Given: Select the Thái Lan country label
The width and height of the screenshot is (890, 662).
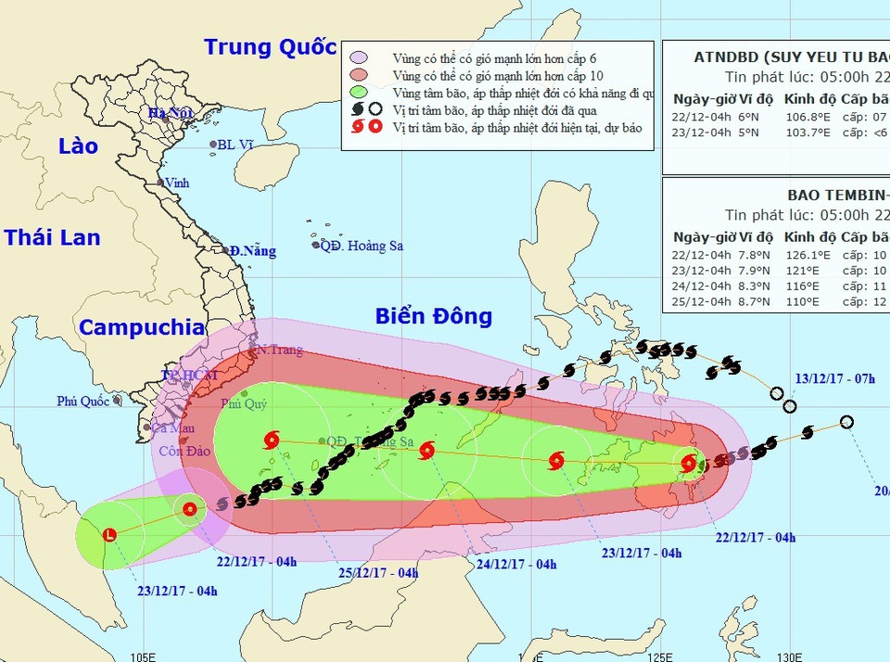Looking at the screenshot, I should click(x=52, y=237).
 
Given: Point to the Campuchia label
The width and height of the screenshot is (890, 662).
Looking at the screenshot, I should click(x=142, y=327).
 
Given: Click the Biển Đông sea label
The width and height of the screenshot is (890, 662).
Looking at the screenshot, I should click(x=433, y=316).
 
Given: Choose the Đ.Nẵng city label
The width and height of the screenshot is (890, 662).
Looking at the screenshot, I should click(x=254, y=250).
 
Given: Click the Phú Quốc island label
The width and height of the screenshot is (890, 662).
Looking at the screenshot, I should click(x=82, y=401).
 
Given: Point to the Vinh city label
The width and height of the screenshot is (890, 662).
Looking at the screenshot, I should click(x=176, y=183).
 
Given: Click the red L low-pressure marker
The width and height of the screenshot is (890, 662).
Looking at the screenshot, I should click(x=109, y=535).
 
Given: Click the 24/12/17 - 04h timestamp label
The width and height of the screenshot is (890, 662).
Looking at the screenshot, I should click(x=515, y=564).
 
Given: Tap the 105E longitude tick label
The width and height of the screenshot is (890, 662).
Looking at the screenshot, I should click(x=141, y=656).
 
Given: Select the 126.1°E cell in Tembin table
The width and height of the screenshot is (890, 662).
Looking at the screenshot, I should click(x=805, y=253).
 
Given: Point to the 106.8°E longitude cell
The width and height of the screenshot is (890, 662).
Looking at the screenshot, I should click(x=805, y=118).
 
